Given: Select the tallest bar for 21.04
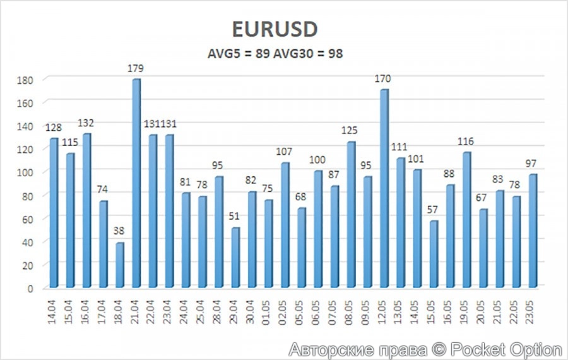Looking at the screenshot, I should [x=136, y=183].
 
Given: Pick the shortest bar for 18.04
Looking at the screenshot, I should [x=120, y=265].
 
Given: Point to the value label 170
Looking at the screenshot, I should [x=383, y=80].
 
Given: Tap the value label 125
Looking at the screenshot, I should [x=350, y=131].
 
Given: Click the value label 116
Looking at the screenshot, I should [x=466, y=141].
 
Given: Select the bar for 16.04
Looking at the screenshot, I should [x=86, y=211].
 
